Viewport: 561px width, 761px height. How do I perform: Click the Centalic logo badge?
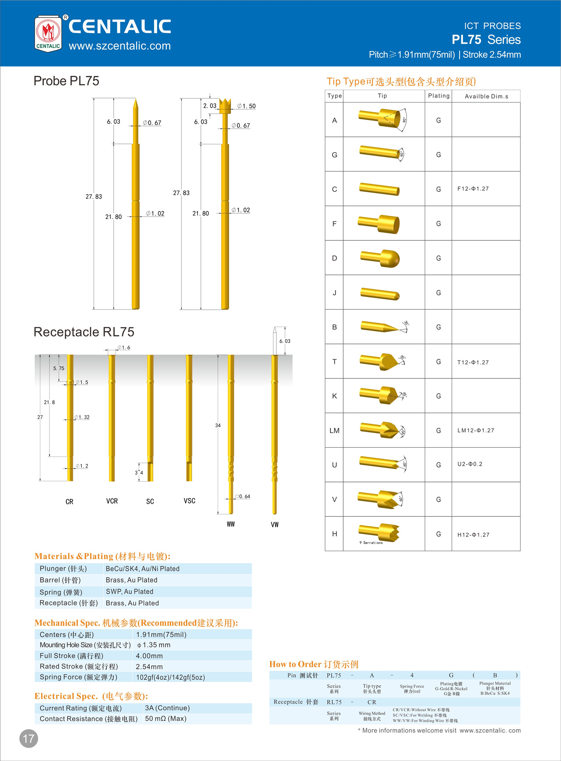tap(48, 34)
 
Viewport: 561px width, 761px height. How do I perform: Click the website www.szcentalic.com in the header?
tap(120, 46)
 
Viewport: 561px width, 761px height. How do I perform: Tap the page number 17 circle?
tap(29, 738)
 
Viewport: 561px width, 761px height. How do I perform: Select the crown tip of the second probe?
tap(225, 105)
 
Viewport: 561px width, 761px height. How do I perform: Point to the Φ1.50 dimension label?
tap(247, 106)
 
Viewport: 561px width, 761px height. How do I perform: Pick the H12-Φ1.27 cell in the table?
tap(473, 535)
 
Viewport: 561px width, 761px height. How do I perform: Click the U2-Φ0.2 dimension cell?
tap(470, 464)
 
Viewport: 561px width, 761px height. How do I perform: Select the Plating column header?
tap(439, 96)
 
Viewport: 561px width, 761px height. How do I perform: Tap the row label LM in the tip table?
tap(334, 430)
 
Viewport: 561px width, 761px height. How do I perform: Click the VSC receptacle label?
tap(189, 501)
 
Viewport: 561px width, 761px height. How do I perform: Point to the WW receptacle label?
tap(231, 524)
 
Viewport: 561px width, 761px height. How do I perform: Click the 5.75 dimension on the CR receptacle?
tap(59, 368)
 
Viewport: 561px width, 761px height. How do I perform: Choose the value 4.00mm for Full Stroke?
tap(149, 656)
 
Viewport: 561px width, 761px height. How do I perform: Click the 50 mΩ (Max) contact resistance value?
tap(166, 719)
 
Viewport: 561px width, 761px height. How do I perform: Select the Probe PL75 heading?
tap(67, 81)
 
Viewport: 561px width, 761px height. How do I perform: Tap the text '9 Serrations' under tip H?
tap(371, 543)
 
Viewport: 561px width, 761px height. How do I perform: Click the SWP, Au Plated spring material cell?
tap(129, 592)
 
